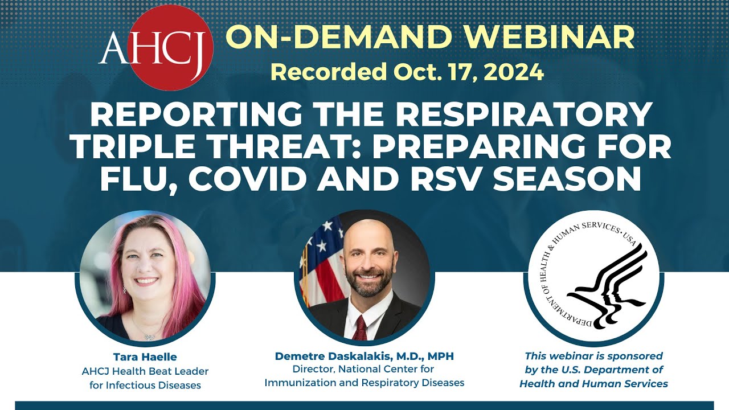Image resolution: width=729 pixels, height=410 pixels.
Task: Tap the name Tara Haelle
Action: click(145, 357)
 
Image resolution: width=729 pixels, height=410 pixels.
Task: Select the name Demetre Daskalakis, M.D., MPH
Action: click(364, 356)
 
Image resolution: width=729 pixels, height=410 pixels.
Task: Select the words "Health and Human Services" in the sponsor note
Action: click(593, 384)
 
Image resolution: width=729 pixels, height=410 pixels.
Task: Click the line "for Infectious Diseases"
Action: click(145, 385)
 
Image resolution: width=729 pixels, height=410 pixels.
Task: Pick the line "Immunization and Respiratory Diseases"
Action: click(364, 383)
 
